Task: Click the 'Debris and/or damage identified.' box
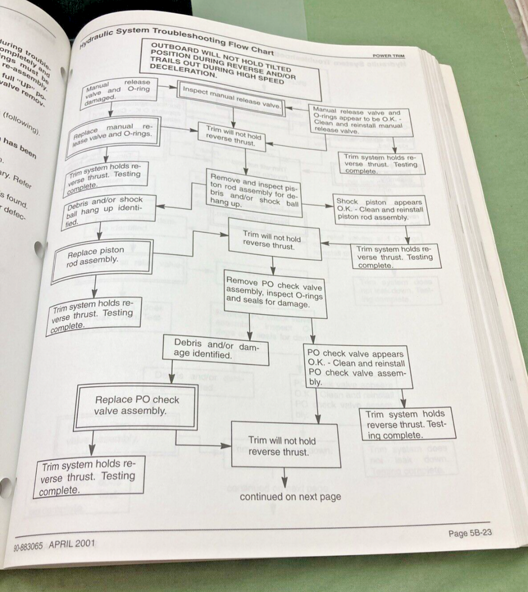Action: click(216, 350)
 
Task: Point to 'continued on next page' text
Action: click(290, 496)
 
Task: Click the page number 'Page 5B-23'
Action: click(470, 533)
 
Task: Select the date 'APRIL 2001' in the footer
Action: click(72, 544)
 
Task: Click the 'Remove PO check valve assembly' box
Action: click(275, 295)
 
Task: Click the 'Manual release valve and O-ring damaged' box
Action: click(117, 91)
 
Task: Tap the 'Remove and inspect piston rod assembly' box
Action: click(255, 192)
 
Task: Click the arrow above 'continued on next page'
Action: click(284, 478)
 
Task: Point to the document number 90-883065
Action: click(29, 548)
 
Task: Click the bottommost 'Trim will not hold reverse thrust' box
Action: click(285, 445)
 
